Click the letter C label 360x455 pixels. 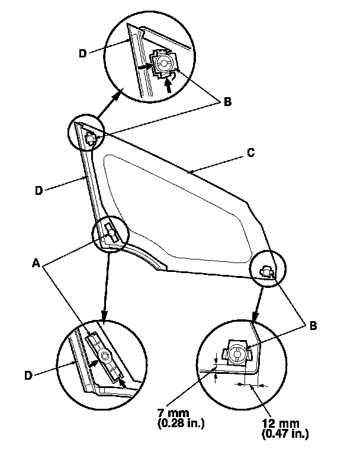(250, 152)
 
